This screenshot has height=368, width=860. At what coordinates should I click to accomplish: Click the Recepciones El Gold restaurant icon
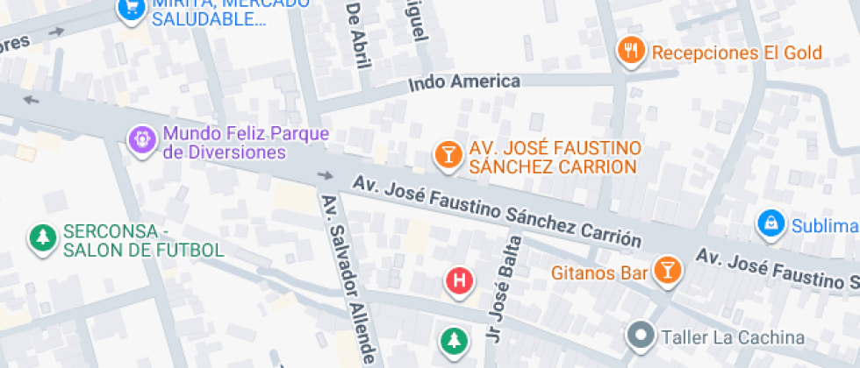point(630,52)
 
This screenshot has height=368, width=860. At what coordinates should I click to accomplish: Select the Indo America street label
point(465,82)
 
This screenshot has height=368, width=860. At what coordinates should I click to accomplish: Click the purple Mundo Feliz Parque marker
point(140,138)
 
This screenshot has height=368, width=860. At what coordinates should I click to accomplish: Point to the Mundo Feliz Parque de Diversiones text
point(246,143)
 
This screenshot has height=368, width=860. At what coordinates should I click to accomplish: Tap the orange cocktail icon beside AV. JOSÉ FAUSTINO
point(448,156)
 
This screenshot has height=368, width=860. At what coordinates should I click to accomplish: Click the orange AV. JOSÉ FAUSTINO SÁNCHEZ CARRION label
point(554,157)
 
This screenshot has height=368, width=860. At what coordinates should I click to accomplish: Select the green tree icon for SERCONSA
point(40,237)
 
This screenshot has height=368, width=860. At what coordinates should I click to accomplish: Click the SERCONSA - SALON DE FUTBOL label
point(143,241)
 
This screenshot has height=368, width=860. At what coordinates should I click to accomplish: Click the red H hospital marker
point(459,281)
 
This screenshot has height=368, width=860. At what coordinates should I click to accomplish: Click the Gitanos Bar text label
point(599,272)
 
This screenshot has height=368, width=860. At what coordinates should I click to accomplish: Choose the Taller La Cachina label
point(733,337)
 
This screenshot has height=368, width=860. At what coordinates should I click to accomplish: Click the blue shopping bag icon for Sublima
point(770,223)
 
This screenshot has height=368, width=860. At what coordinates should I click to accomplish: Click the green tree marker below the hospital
point(453,340)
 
